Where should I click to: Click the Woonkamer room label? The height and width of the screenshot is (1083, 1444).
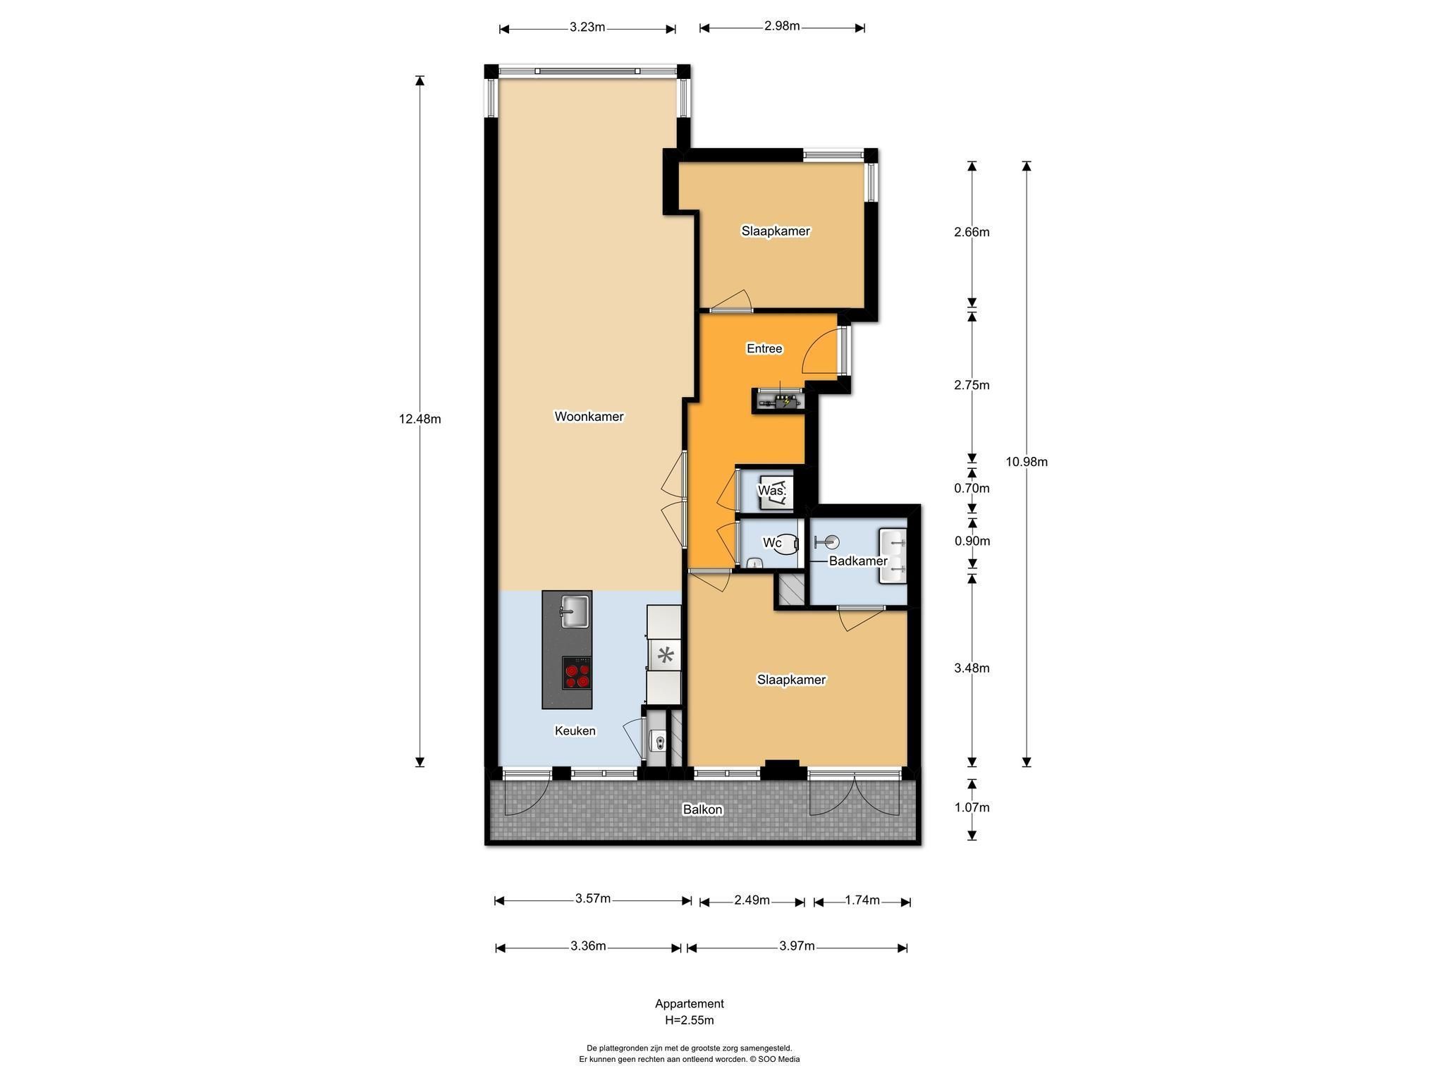[589, 417]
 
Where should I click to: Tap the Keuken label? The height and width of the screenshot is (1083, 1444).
[575, 731]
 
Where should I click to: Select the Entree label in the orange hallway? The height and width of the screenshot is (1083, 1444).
[764, 348]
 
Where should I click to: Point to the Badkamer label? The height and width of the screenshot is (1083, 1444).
[858, 561]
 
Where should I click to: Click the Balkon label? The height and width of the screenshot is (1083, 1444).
[702, 809]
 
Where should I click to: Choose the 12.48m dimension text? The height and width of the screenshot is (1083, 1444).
[420, 419]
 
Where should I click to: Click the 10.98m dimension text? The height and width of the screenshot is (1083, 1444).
[1027, 462]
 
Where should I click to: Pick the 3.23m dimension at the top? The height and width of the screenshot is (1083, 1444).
[588, 27]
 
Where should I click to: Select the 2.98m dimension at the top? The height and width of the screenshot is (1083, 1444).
[782, 26]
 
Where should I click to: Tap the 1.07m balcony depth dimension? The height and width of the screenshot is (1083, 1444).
[972, 807]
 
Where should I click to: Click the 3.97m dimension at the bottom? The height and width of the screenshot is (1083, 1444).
[797, 946]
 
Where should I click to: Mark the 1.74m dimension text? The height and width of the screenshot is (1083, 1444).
[862, 900]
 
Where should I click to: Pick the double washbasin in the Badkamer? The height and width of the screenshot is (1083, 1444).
[893, 556]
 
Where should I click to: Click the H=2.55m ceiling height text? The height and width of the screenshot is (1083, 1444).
[689, 1020]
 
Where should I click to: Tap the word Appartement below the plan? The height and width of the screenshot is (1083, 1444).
[690, 1004]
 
